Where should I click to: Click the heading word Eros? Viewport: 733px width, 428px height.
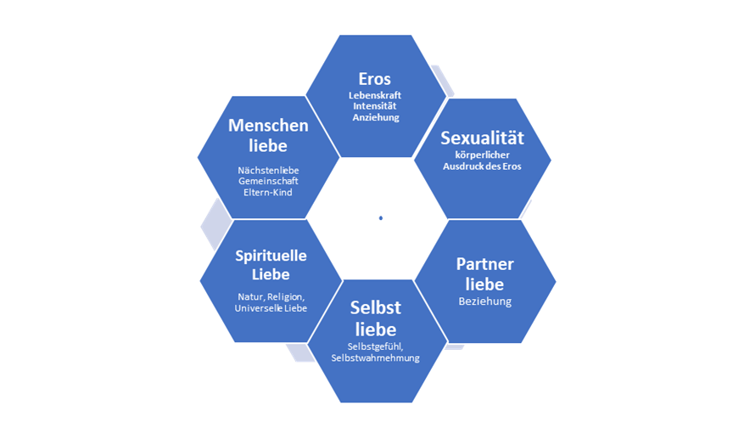tap(375, 79)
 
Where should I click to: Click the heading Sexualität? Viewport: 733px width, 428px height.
tap(482, 139)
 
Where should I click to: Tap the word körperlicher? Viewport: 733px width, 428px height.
tap(482, 155)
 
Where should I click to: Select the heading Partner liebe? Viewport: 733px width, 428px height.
tap(484, 273)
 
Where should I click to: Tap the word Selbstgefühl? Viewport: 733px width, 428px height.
tap(373, 346)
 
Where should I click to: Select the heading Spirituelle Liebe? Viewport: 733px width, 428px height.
tap(271, 265)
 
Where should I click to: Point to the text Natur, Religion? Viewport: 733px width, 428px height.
tap(270, 296)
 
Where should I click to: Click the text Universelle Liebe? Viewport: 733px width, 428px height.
tap(271, 307)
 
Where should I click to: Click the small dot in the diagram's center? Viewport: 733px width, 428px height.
tap(381, 218)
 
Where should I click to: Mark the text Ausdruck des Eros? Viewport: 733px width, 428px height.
tap(482, 166)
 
